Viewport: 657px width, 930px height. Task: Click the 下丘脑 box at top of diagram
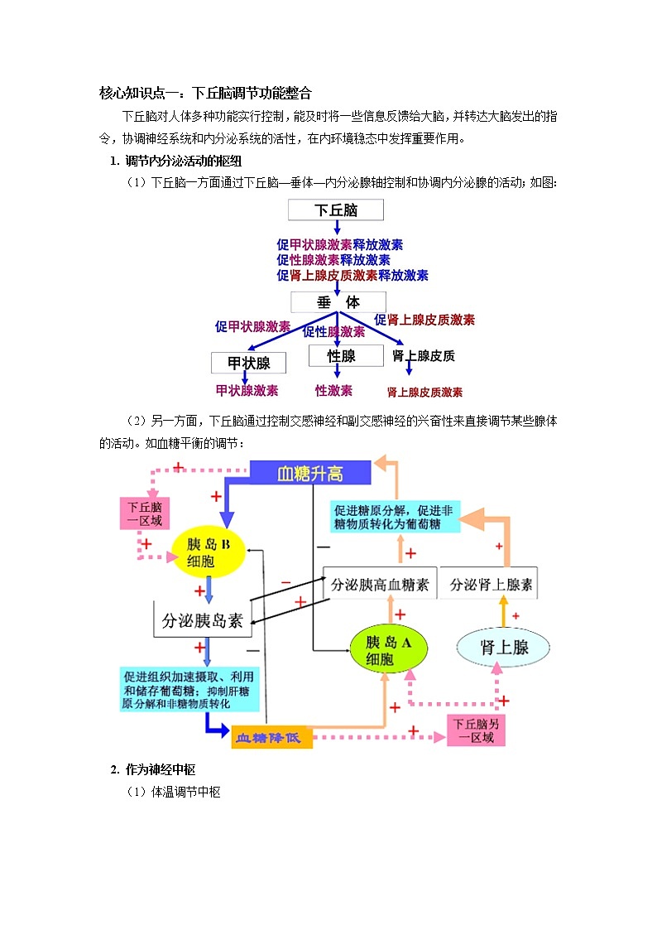click(x=335, y=210)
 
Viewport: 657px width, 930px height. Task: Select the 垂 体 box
click(x=338, y=302)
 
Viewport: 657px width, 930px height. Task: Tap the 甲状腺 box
click(x=249, y=363)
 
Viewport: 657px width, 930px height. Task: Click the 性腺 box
click(x=341, y=356)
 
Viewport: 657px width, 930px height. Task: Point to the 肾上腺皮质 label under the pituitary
click(x=423, y=356)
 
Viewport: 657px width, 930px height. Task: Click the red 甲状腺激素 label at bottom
click(x=247, y=391)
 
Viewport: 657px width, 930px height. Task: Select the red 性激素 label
click(x=333, y=391)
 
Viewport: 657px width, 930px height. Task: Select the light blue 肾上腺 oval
click(x=505, y=648)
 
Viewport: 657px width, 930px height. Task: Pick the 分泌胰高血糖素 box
click(x=380, y=585)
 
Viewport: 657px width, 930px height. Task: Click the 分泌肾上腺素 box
click(x=491, y=585)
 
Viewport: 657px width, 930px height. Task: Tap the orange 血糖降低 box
click(x=271, y=736)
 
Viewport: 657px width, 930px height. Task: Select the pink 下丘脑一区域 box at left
click(x=144, y=513)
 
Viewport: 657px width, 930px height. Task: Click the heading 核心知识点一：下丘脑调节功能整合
click(x=204, y=93)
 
